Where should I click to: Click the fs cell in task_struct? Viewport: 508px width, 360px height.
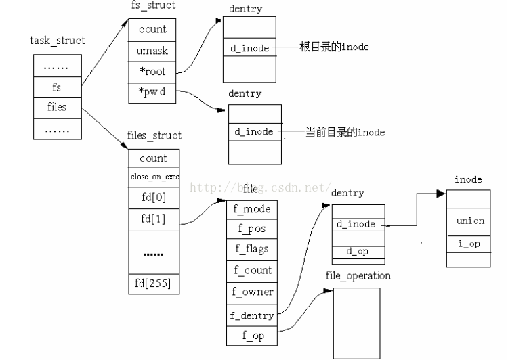57,87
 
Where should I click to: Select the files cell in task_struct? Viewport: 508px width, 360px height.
57,108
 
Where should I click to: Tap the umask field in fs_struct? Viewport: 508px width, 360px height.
152,51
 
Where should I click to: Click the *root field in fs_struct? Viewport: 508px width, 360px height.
152,72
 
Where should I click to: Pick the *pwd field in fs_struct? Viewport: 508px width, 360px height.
152,93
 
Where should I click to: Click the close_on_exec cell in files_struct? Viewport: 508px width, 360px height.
154,178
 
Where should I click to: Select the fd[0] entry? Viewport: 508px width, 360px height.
152,199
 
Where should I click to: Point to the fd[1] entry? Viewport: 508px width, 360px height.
152,220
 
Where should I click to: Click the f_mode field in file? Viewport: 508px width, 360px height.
253,210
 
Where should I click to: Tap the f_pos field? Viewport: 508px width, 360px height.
253,230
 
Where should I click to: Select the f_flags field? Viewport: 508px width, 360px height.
253,250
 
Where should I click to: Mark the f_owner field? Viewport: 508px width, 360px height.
253,292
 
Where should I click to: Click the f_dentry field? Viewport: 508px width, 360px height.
253,315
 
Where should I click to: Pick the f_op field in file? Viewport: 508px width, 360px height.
253,336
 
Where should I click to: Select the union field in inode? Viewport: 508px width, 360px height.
470,221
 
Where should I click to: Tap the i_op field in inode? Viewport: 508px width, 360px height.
470,244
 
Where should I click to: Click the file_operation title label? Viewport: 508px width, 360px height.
358,276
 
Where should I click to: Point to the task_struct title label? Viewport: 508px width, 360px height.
58,41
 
